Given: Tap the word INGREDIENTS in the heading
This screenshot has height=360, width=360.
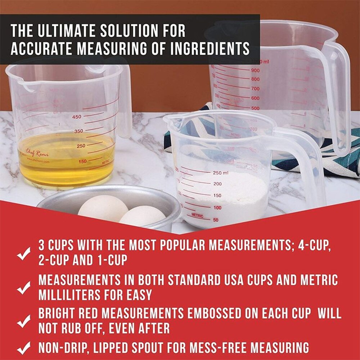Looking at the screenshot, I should (210, 48).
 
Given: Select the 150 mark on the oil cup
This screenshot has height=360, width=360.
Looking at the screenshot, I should (82, 161).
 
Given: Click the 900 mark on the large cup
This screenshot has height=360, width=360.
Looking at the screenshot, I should (255, 71).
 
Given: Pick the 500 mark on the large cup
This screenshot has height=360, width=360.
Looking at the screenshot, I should (255, 108).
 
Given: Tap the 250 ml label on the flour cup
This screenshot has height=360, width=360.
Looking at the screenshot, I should (220, 173).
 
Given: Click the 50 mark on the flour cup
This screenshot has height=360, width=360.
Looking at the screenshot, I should (216, 220).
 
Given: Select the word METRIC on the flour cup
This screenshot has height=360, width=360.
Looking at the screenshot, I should (197, 215).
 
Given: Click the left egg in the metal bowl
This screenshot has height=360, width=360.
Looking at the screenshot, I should (103, 209).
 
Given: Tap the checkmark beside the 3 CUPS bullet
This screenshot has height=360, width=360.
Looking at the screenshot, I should (24, 254).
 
